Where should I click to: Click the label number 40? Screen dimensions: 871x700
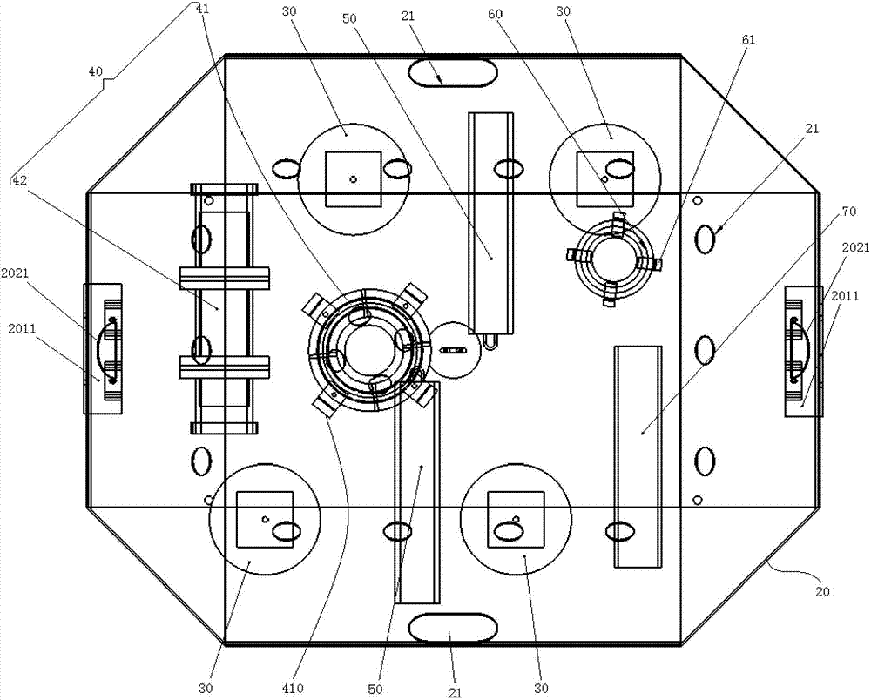tap(95, 71)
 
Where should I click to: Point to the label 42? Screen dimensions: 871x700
tap(20, 180)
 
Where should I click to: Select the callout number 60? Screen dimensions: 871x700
tap(495, 15)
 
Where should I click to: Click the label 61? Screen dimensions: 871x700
tap(748, 39)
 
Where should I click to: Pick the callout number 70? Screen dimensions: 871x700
tap(849, 212)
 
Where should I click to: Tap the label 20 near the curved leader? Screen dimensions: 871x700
tap(822, 592)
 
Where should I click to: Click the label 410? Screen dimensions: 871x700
tap(293, 689)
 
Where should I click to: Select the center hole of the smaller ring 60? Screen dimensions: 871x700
tap(611, 259)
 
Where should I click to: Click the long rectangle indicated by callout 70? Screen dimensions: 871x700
tap(638, 456)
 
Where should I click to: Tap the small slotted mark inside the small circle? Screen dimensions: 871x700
tap(453, 350)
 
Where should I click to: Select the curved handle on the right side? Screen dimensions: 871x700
tap(801, 350)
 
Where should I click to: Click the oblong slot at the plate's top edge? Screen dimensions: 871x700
tap(452, 73)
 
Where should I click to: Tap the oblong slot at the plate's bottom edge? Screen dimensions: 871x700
tap(452, 627)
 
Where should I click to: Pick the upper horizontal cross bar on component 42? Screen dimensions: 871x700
tap(225, 278)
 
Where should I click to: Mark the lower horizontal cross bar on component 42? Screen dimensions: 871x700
tap(225, 367)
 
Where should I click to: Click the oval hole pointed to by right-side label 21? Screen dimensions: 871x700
tap(705, 239)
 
